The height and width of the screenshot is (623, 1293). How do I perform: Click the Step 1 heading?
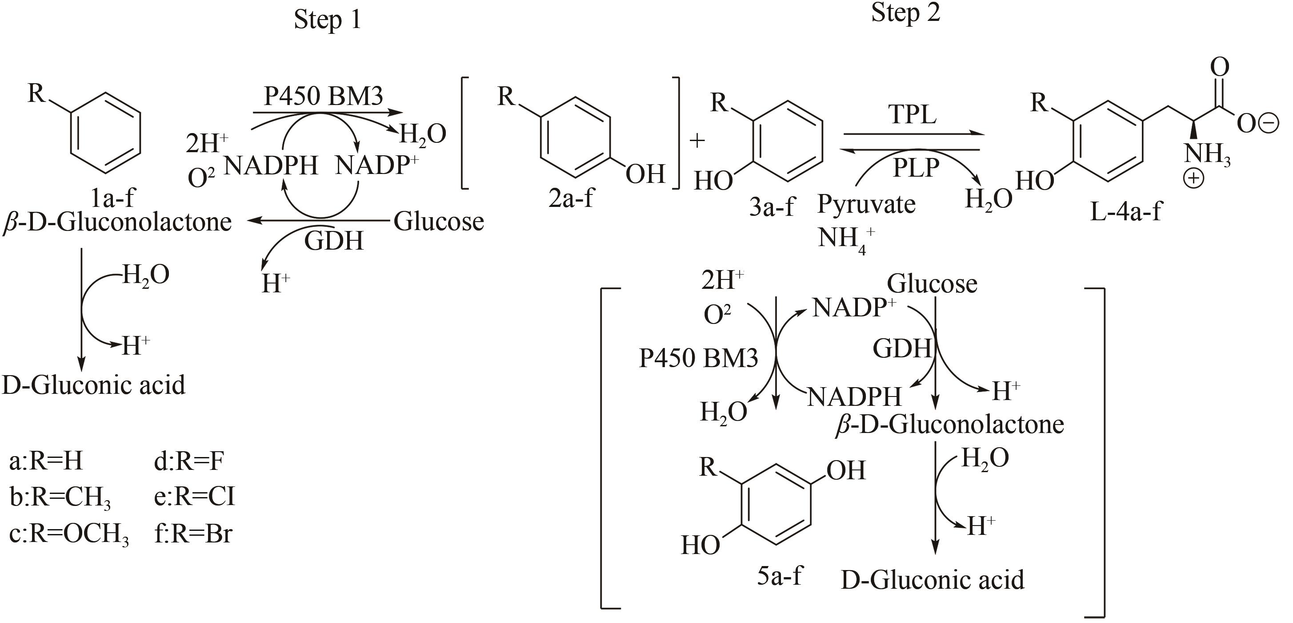click(x=327, y=20)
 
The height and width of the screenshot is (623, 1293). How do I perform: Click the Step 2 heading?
click(x=905, y=13)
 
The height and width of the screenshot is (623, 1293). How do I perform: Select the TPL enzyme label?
click(x=912, y=114)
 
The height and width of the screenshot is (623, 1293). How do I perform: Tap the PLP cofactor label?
click(x=916, y=167)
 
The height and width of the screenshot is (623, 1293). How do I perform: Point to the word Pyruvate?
click(x=866, y=205)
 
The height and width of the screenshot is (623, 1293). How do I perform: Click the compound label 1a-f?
click(x=113, y=198)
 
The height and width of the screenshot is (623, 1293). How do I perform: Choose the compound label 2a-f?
click(x=571, y=198)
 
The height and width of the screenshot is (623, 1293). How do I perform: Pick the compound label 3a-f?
click(x=772, y=206)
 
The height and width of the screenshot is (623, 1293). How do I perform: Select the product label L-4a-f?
click(x=1126, y=211)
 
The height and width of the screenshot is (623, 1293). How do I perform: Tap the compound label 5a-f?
click(x=780, y=575)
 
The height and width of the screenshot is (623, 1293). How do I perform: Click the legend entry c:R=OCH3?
click(x=69, y=534)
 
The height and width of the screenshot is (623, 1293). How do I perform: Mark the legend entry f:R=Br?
click(x=193, y=534)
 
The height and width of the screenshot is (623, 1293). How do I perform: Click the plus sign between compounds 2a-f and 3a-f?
click(x=697, y=141)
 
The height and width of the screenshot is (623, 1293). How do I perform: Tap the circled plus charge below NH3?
click(x=1193, y=178)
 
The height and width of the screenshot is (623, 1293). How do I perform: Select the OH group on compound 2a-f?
click(x=645, y=174)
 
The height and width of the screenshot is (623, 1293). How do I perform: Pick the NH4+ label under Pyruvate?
click(x=846, y=239)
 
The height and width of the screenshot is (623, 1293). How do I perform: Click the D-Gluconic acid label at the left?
click(x=94, y=385)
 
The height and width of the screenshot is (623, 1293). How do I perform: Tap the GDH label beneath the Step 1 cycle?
click(x=334, y=241)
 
